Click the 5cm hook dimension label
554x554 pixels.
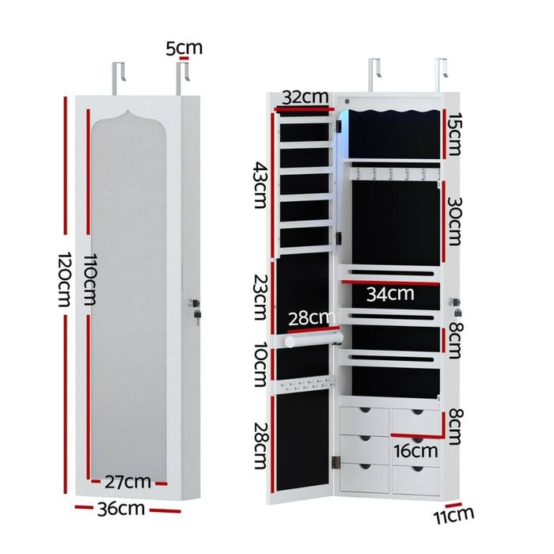(184, 48)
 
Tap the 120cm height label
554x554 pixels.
(64, 279)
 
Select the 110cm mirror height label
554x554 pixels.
(89, 279)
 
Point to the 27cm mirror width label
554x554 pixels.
(128, 482)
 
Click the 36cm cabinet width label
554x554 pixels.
(121, 509)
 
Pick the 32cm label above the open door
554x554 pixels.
(305, 97)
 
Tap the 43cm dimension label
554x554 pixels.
(261, 185)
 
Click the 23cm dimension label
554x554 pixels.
(260, 297)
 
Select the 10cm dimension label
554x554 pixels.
(260, 364)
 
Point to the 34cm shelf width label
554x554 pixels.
(390, 294)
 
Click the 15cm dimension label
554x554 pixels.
(454, 134)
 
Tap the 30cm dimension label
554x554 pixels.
(455, 221)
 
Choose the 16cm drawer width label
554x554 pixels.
(415, 451)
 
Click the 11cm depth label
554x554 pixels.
(453, 516)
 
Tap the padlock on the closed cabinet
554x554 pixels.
(197, 314)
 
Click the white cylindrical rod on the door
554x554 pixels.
(313, 340)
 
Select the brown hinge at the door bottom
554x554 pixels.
(336, 462)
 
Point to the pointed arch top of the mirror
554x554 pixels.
(128, 114)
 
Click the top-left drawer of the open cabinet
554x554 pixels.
(365, 421)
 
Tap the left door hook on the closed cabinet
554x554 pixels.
(119, 78)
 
